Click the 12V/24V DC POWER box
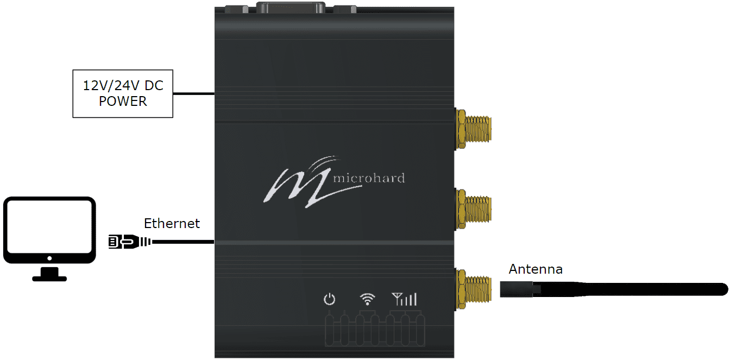coord(123,93)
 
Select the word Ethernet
coord(172,223)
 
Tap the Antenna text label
coord(535,269)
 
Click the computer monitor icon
coord(49,231)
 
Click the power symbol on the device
coord(329,299)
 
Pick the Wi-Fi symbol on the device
coord(368,299)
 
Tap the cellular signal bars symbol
coord(404,299)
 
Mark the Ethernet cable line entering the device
coord(185,242)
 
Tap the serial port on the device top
coord(291,8)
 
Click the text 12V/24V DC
coord(123,86)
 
